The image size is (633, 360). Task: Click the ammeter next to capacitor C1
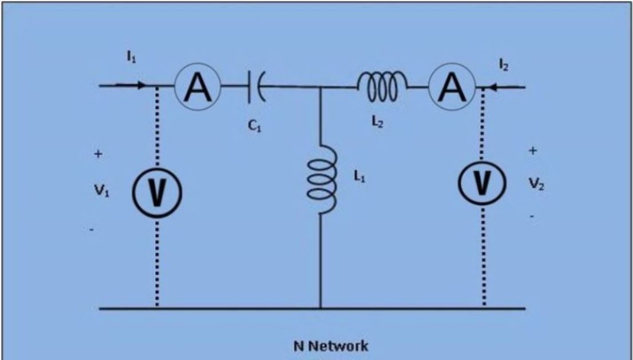point(198,87)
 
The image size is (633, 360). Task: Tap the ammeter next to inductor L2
point(452,87)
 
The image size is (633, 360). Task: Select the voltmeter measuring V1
point(157,192)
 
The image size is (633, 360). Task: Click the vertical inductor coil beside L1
point(322,179)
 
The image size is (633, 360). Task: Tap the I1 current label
point(131,58)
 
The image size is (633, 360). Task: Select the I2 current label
point(504,66)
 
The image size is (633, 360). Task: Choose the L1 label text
point(359,176)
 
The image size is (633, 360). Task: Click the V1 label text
point(101,191)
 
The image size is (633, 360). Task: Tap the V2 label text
point(536,185)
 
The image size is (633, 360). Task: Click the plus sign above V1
point(98,154)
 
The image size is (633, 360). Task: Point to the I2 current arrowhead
point(493,87)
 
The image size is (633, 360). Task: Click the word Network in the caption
point(338,346)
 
